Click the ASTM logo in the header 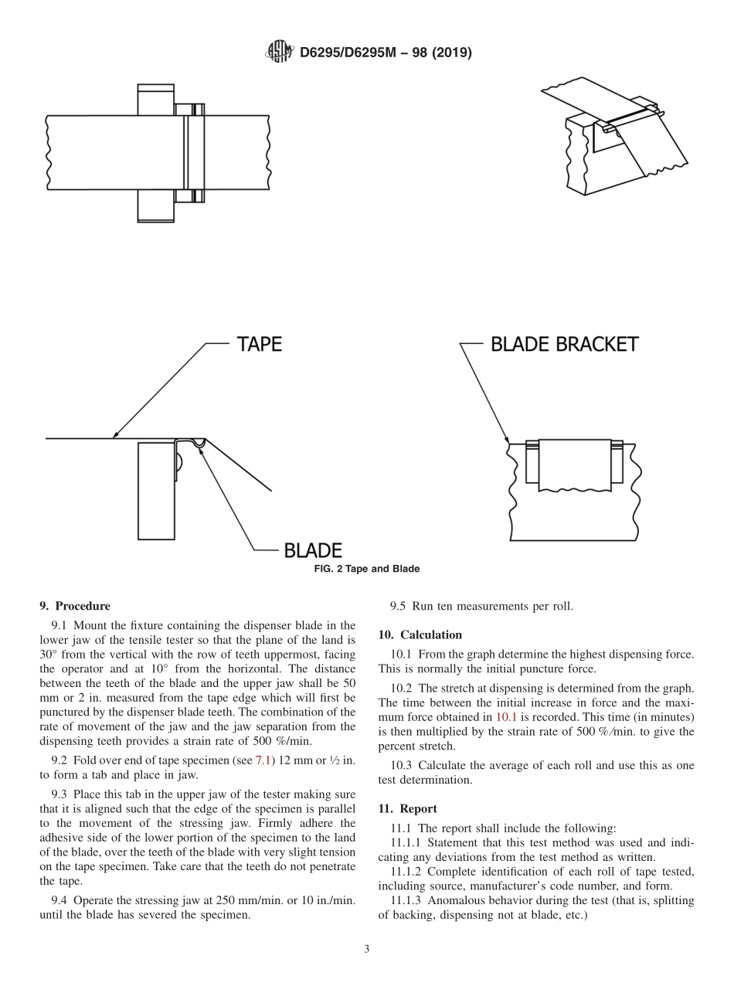[x=279, y=53]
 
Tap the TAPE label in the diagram [x=259, y=344]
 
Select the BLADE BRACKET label [x=565, y=344]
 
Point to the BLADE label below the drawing [x=313, y=550]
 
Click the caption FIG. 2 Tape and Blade [x=367, y=569]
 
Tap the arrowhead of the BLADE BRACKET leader [x=507, y=440]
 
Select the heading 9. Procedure [x=74, y=606]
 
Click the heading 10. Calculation [x=420, y=634]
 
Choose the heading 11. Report [x=407, y=808]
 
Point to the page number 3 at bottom [x=367, y=950]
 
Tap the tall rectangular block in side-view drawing [x=156, y=490]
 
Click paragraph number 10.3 [x=401, y=765]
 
